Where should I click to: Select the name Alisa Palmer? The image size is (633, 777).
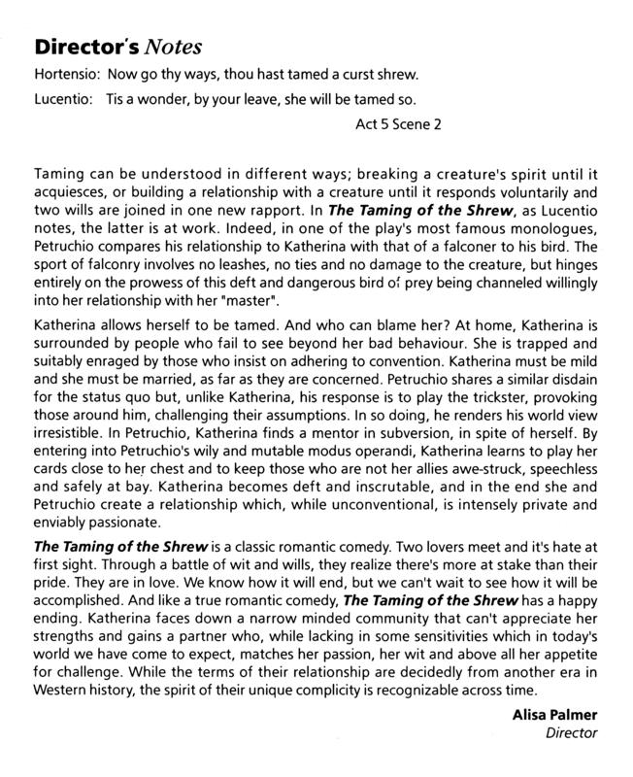pos(557,716)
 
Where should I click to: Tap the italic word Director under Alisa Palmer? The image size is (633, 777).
pos(571,734)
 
